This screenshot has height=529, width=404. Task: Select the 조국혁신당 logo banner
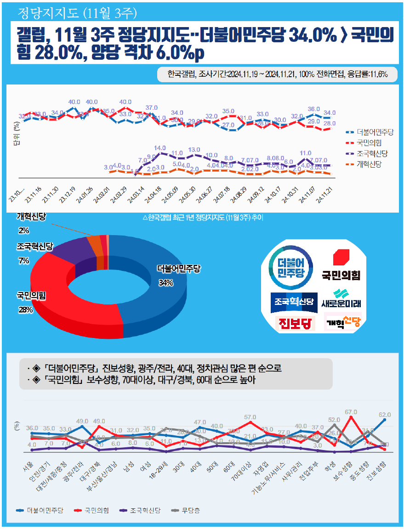[x=294, y=301]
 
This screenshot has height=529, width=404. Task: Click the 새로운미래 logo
[x=341, y=299]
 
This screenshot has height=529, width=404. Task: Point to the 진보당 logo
[x=295, y=323]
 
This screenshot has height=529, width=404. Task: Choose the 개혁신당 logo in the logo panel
[x=342, y=322]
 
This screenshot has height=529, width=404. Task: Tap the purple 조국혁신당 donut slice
[x=69, y=250]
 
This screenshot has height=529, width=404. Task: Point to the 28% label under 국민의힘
[x=25, y=310]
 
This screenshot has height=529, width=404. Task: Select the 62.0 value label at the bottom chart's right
[x=384, y=414]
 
